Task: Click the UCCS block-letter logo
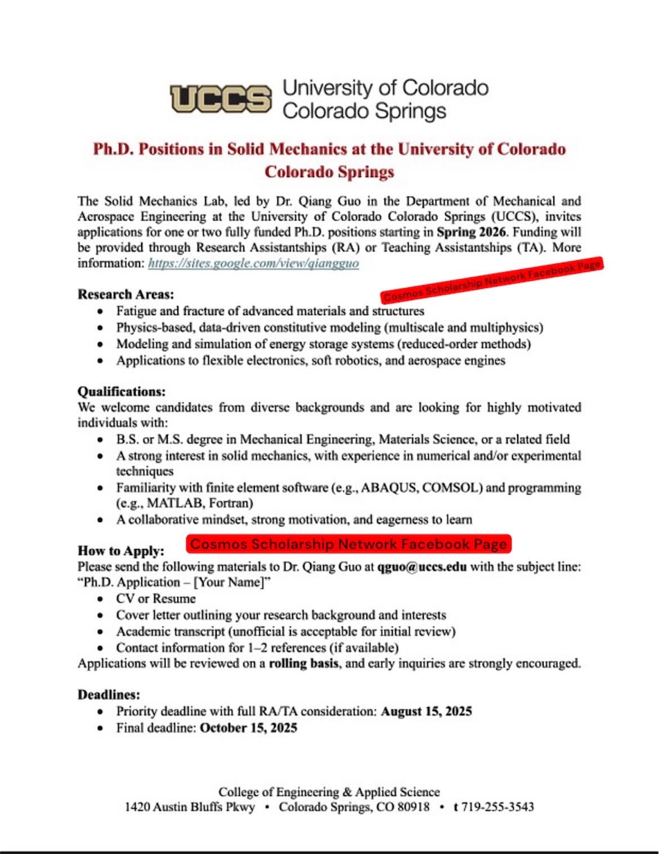click(221, 99)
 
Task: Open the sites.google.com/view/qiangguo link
click(253, 263)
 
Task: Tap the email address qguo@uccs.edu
click(422, 567)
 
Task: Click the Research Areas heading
click(126, 294)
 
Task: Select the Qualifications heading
click(122, 392)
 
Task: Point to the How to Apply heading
click(121, 551)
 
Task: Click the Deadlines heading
click(109, 695)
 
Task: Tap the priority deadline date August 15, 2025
click(426, 711)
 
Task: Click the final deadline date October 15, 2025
click(248, 728)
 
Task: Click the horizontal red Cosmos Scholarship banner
click(349, 544)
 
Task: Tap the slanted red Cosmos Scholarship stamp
click(492, 280)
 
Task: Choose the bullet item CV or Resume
click(156, 599)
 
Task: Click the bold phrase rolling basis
click(304, 663)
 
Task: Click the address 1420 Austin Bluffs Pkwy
click(190, 807)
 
